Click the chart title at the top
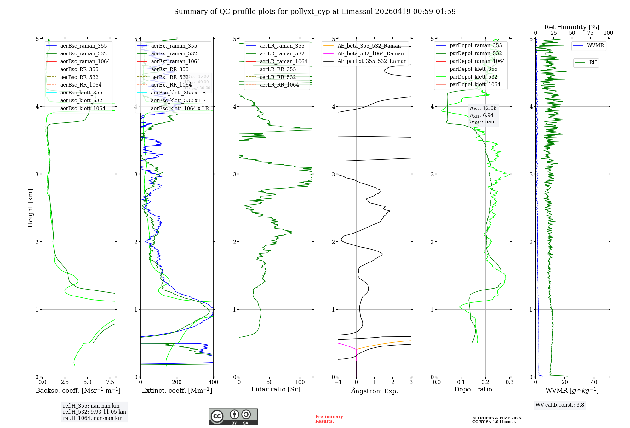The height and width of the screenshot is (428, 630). click(315, 12)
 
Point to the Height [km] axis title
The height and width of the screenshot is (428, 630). click(30, 208)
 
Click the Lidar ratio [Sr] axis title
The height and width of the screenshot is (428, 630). click(276, 390)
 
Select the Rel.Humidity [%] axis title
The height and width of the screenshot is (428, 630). click(572, 27)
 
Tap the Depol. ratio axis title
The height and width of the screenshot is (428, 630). click(473, 390)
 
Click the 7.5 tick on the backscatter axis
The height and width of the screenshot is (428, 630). click(110, 382)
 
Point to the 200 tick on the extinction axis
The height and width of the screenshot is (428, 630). click(177, 382)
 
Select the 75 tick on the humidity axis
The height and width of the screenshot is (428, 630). click(590, 33)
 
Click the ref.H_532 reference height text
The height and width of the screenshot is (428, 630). click(94, 412)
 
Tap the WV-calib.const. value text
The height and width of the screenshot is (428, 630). click(560, 405)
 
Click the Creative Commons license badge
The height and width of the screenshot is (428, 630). click(233, 417)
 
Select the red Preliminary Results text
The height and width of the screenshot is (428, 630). click(329, 419)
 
